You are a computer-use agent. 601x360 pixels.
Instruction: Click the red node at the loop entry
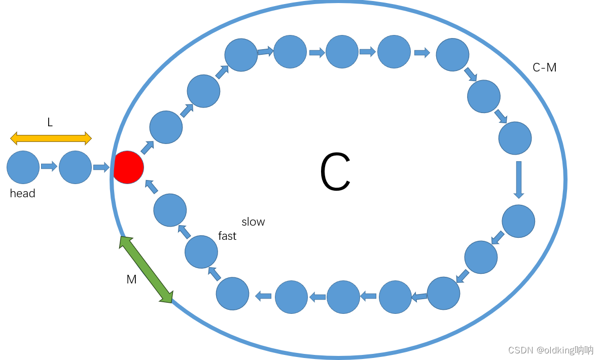128,167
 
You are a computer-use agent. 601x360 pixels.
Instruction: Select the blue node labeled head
23,167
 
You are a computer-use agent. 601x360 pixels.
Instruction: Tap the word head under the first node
23,193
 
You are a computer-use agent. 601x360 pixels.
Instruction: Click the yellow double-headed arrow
51,137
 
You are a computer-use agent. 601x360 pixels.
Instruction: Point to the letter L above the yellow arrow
50,122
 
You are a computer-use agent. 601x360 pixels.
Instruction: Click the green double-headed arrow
146,270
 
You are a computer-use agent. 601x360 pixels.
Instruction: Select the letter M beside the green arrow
131,279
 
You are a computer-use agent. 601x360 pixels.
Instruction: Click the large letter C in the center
335,172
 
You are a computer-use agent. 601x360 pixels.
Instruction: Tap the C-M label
545,67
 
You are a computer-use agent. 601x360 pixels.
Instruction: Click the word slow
253,222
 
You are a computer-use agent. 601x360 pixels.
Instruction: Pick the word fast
227,236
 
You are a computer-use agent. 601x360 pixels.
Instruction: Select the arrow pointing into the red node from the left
101,167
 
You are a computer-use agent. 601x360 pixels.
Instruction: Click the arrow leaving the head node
49,166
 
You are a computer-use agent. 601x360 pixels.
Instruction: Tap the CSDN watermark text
550,350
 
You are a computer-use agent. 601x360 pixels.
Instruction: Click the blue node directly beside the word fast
201,252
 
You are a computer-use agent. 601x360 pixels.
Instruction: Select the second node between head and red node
75,167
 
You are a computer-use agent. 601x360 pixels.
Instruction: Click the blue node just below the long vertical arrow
518,221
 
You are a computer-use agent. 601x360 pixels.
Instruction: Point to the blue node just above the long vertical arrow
515,138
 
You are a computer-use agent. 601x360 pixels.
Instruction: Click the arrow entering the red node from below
151,187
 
